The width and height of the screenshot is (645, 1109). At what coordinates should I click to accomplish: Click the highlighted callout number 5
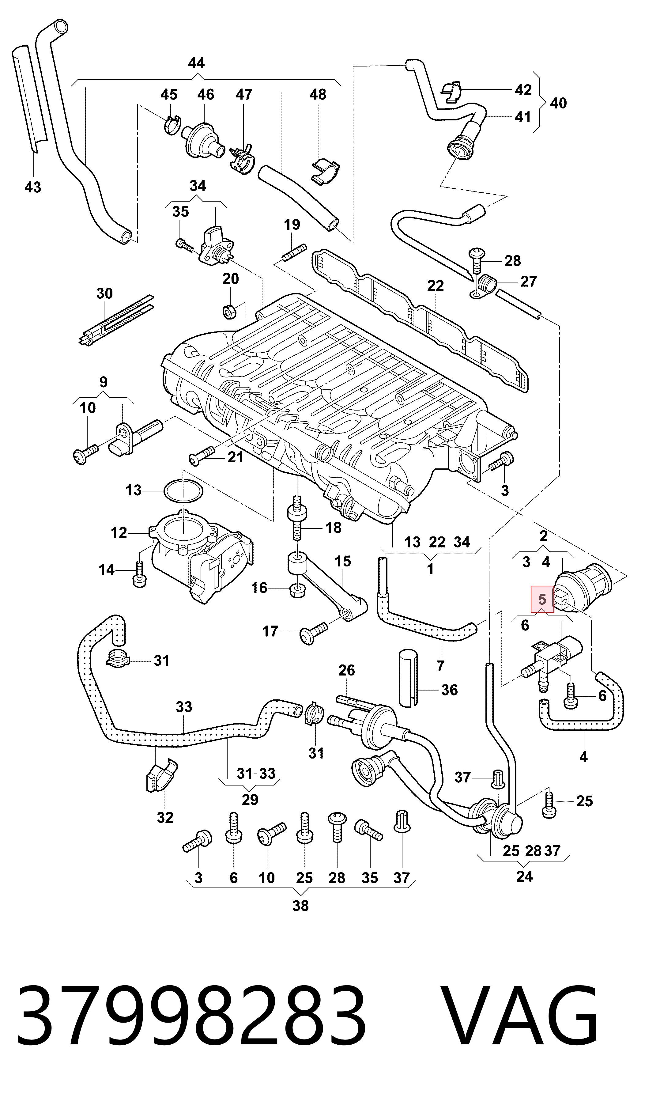[542, 599]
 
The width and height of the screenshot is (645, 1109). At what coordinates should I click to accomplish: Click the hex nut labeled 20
[229, 312]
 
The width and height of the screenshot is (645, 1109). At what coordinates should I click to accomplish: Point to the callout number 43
[32, 187]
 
